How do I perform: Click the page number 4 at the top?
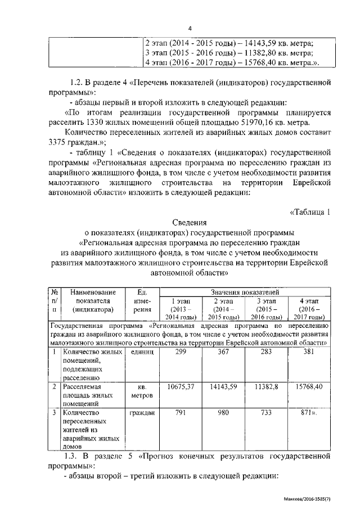[x=190, y=29]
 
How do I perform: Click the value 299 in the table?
[x=181, y=352]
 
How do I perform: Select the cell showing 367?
[x=224, y=352]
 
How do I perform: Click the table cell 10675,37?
[x=181, y=388]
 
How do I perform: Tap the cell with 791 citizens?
[x=181, y=413]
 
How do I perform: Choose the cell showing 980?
[x=224, y=413]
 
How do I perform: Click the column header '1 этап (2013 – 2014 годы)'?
[x=181, y=309]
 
